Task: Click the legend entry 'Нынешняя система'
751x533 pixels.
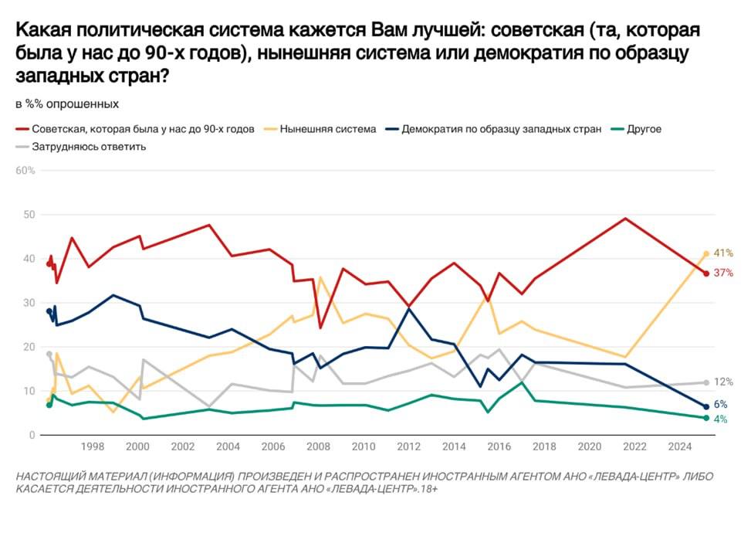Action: point(327,129)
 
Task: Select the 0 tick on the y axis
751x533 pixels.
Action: point(32,436)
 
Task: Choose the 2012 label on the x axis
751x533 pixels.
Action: point(409,446)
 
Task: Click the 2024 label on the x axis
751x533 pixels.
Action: point(681,446)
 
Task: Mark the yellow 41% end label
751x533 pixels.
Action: point(723,253)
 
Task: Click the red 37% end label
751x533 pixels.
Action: point(723,273)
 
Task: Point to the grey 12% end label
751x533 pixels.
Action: point(723,382)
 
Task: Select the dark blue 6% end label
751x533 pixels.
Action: point(720,405)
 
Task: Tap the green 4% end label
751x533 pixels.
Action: point(720,419)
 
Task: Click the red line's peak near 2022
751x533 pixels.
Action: point(624,218)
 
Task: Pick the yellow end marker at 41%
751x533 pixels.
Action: point(706,253)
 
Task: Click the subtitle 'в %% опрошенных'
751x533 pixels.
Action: point(67,104)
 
